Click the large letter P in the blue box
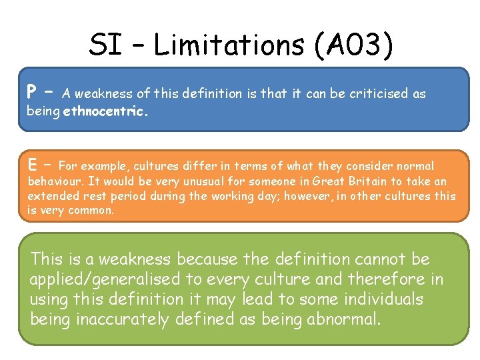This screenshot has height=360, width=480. pyautogui.click(x=32, y=91)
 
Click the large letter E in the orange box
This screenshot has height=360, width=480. pyautogui.click(x=32, y=164)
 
